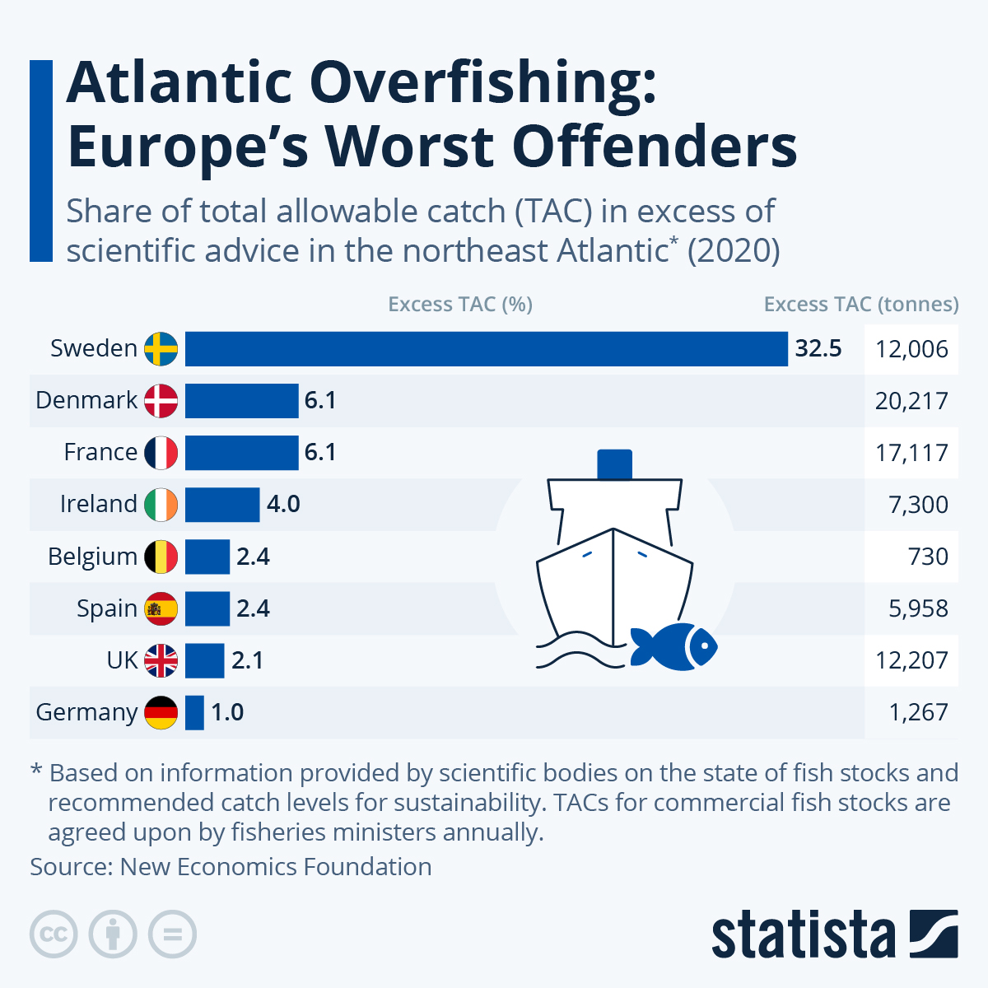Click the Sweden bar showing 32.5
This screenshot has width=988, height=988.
(x=486, y=349)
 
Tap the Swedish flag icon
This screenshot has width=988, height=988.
(x=161, y=349)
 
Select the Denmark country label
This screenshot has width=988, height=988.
(x=86, y=400)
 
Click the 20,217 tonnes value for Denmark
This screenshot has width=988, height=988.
(x=911, y=401)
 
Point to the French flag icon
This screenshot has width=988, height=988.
(x=161, y=453)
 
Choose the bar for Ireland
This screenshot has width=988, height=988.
(x=222, y=505)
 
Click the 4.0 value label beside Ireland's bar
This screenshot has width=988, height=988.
(x=283, y=504)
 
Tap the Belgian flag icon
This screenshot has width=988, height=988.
(x=161, y=557)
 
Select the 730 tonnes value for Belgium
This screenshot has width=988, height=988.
(x=928, y=557)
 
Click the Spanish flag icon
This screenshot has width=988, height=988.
(x=161, y=608)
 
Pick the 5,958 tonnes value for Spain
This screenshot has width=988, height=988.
(x=918, y=608)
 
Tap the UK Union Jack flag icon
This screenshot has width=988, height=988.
(x=161, y=660)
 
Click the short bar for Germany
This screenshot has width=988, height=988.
(x=194, y=712)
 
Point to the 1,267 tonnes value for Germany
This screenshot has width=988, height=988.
(x=918, y=712)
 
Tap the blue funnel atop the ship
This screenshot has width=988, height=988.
(x=614, y=464)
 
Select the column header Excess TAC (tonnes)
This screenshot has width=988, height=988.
(x=861, y=305)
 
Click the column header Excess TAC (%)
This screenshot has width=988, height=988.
(x=460, y=305)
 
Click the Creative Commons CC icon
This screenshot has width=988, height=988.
(x=54, y=934)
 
